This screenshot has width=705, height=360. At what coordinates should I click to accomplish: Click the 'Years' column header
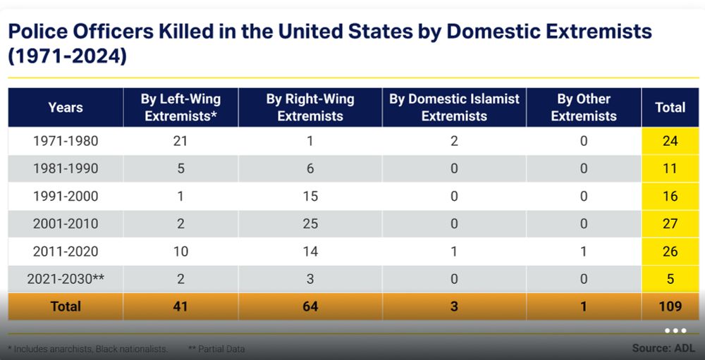66,108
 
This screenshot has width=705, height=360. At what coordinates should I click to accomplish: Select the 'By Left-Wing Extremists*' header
180,108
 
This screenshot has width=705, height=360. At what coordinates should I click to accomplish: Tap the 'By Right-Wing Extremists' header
310,108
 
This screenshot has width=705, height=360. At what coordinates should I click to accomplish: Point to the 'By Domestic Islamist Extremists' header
454,108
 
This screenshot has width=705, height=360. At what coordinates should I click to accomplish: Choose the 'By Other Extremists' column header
584,108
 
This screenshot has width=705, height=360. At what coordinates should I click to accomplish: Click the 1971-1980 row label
66,141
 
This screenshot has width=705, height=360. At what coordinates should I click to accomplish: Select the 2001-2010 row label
66,224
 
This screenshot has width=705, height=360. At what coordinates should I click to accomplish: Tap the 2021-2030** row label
66,279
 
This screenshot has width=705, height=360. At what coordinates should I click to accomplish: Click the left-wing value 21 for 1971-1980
180,141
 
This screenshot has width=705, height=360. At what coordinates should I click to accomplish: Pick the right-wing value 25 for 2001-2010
310,224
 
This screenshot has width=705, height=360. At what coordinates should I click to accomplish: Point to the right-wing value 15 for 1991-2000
310,197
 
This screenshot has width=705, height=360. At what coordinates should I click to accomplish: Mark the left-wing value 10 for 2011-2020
180,252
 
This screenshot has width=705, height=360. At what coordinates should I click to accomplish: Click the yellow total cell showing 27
670,224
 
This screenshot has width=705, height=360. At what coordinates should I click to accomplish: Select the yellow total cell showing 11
670,169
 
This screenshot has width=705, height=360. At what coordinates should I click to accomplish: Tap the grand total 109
670,306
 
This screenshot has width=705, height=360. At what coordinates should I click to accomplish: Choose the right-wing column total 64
310,306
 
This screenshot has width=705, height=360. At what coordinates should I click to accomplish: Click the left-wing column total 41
180,306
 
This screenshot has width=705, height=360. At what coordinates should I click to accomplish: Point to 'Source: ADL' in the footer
663,348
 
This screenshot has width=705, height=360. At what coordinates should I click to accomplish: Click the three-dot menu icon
675,330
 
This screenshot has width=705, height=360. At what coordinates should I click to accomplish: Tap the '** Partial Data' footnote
217,349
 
